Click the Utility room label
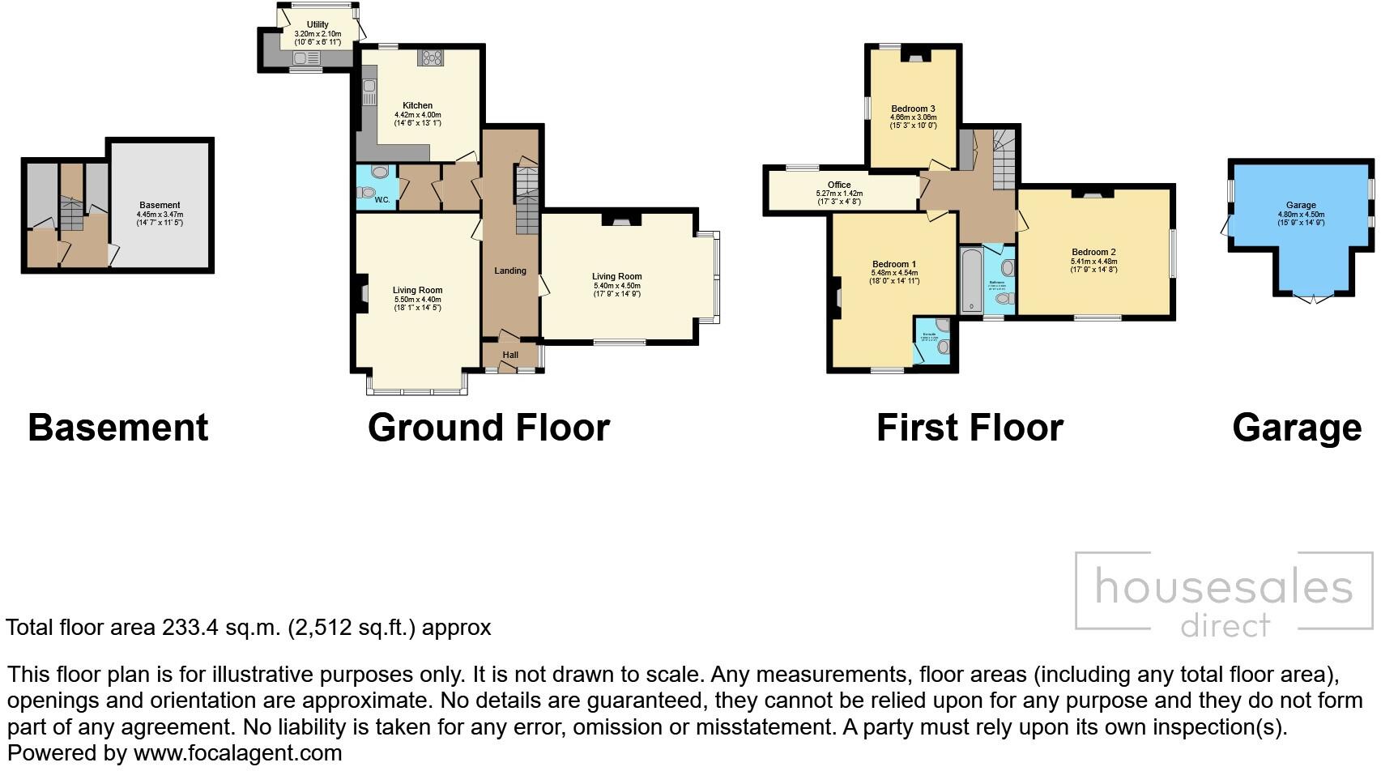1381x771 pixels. tap(318, 25)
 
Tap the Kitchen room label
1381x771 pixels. tap(417, 105)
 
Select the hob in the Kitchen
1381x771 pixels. tap(431, 58)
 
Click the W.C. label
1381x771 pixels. tap(382, 199)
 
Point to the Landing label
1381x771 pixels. tap(510, 270)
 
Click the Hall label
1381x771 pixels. tap(510, 355)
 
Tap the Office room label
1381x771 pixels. tap(839, 185)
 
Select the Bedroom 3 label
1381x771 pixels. tap(913, 109)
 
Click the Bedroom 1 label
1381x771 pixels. tap(894, 264)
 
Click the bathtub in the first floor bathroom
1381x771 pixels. tap(970, 280)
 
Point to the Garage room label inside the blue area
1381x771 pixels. tap(1301, 205)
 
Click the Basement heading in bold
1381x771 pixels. tap(118, 428)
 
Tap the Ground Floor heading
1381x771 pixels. tap(488, 428)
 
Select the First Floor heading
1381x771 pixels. tap(970, 428)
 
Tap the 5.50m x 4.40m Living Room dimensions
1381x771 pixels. tap(418, 299)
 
